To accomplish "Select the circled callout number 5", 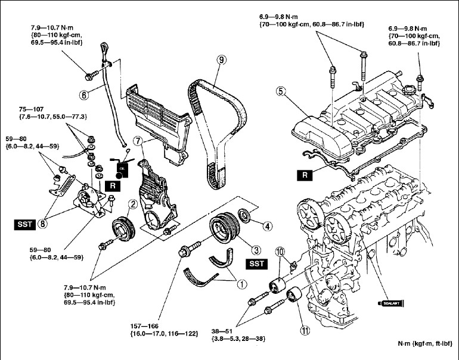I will click(x=281, y=91).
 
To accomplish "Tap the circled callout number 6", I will click(x=84, y=94).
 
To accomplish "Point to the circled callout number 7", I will click(x=138, y=142).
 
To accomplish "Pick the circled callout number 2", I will click(x=133, y=204).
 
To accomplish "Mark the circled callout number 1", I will click(x=242, y=284).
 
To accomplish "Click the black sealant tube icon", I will click(x=394, y=303).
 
